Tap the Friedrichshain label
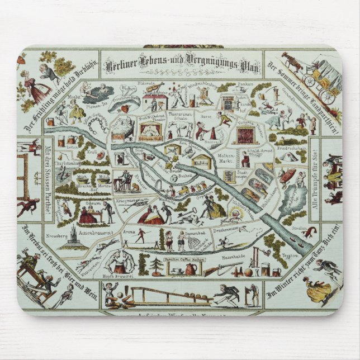click(290, 150)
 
